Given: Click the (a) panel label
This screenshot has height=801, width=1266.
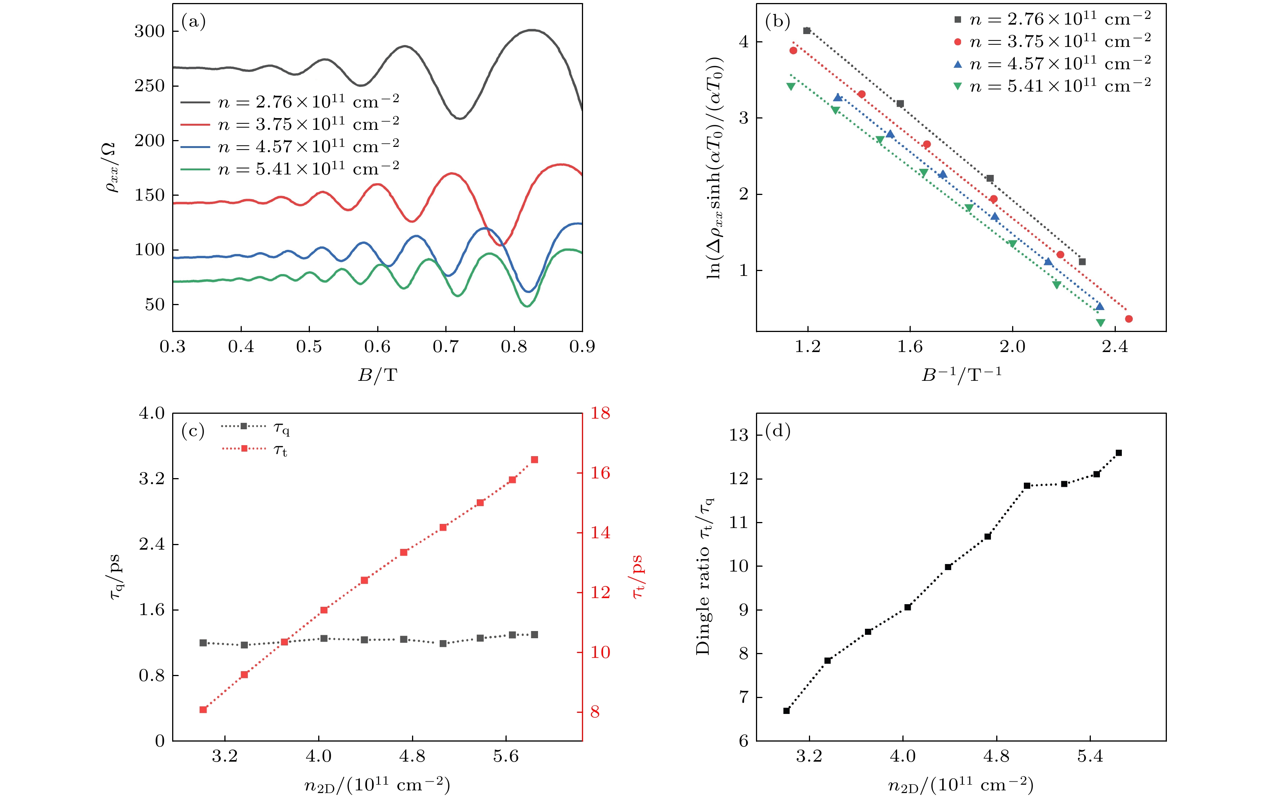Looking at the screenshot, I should click(x=193, y=22).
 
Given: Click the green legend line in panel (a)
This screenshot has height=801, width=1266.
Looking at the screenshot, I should click(x=195, y=169).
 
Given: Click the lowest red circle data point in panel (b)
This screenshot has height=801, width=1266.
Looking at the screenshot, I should click(x=1128, y=319).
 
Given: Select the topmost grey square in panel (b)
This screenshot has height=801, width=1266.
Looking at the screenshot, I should click(x=807, y=31).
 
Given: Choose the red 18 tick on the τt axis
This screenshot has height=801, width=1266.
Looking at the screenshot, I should click(x=600, y=413).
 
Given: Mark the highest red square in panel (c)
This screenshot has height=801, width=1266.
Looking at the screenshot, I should click(x=534, y=460).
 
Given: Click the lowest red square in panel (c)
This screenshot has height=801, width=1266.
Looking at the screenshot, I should click(x=203, y=709).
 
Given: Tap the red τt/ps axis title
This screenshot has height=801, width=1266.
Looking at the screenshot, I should click(x=638, y=577).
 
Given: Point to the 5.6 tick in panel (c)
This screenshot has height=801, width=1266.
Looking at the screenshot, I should click(x=506, y=756).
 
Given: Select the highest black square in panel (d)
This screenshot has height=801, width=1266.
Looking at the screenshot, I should click(x=1119, y=453).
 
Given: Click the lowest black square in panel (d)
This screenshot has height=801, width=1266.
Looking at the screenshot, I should click(x=787, y=711).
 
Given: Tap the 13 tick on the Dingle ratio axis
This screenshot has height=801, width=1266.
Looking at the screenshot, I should click(x=738, y=435).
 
